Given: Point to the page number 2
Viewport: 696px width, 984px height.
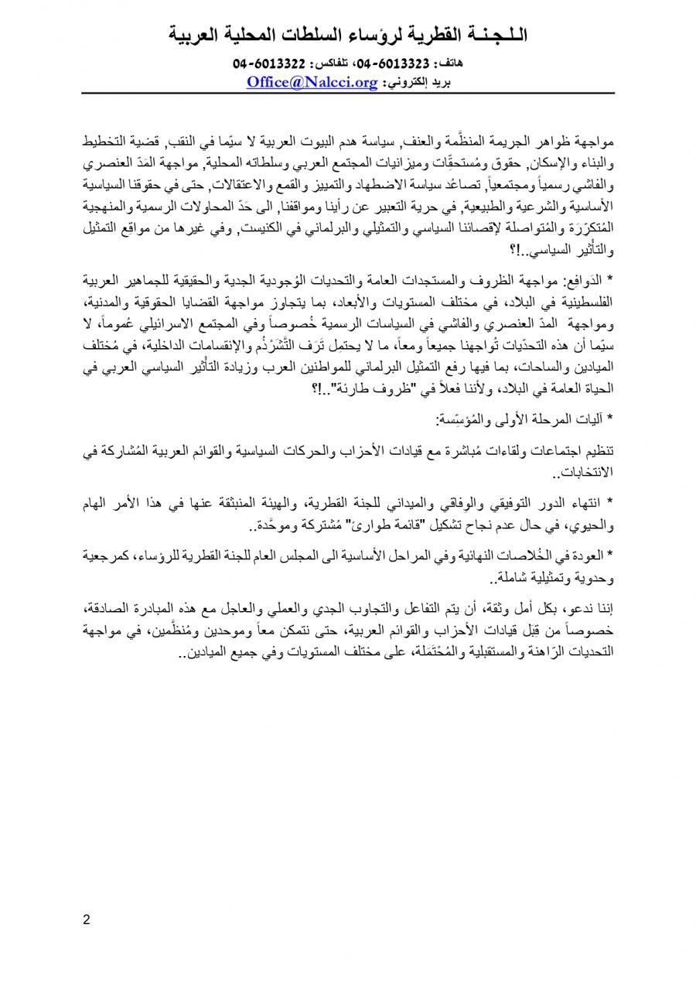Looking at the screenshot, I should tap(87, 920).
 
